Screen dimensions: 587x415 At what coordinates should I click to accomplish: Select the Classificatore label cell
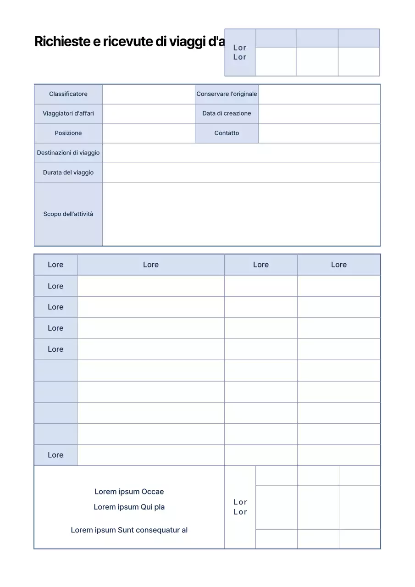(x=68, y=94)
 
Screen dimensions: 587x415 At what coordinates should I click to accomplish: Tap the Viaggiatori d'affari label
(x=68, y=113)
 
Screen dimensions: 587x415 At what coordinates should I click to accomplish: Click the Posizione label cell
(x=68, y=133)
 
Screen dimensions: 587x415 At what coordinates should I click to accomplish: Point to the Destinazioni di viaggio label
(x=68, y=153)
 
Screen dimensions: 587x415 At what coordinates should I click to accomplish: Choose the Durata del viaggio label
(x=68, y=172)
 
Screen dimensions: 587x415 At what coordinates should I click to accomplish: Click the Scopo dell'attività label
(x=68, y=214)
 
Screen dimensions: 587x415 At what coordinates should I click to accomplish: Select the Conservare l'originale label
(x=227, y=94)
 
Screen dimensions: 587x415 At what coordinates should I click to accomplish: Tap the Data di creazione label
(x=227, y=113)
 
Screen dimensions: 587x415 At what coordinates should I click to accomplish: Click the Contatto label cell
(x=227, y=133)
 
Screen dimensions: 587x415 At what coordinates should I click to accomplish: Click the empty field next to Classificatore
(x=149, y=94)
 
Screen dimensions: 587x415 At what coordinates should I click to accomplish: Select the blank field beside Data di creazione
(x=319, y=113)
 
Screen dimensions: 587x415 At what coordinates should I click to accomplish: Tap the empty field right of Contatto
(x=319, y=133)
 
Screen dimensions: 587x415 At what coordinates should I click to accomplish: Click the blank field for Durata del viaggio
(x=241, y=172)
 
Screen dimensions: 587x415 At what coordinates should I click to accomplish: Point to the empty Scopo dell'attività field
(x=241, y=214)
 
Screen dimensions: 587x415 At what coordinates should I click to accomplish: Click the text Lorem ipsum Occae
(x=129, y=492)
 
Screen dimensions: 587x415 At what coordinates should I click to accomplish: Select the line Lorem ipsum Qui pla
(x=129, y=507)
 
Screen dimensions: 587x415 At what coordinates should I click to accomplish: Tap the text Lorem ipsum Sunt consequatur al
(x=129, y=530)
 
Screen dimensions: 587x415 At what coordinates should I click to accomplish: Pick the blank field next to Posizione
(x=149, y=133)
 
